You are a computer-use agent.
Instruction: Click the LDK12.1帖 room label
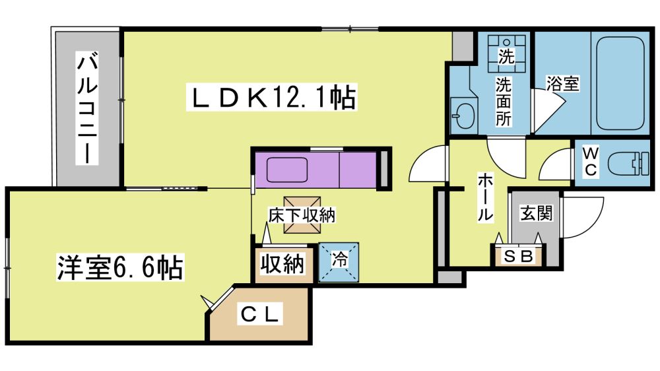(272, 98)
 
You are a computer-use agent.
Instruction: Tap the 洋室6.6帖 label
(120, 267)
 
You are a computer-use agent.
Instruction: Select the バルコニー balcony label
(87, 108)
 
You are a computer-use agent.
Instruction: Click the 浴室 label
(563, 83)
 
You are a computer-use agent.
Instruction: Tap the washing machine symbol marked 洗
(506, 53)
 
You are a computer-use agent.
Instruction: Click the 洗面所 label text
(504, 102)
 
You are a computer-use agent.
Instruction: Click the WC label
(591, 161)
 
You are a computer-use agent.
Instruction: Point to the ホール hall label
(484, 198)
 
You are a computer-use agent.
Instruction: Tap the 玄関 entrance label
(536, 213)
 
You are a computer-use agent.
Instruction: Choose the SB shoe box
(519, 255)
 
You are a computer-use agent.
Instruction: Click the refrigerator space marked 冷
(339, 261)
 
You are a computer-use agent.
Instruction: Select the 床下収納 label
(302, 215)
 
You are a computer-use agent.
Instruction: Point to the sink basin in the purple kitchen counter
(287, 170)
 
